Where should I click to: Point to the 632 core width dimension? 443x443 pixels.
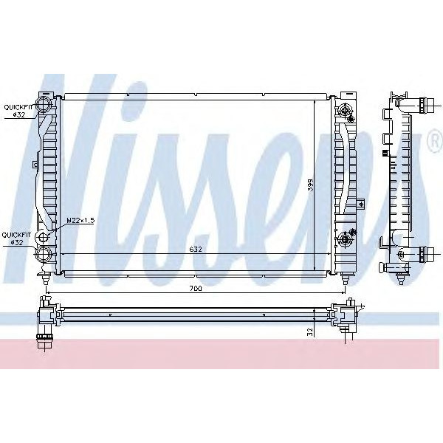tap(196, 250)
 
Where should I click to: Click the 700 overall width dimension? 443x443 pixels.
tap(196, 289)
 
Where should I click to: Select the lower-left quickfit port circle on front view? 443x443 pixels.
tap(44, 255)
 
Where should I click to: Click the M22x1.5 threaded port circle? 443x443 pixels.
tap(46, 238)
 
